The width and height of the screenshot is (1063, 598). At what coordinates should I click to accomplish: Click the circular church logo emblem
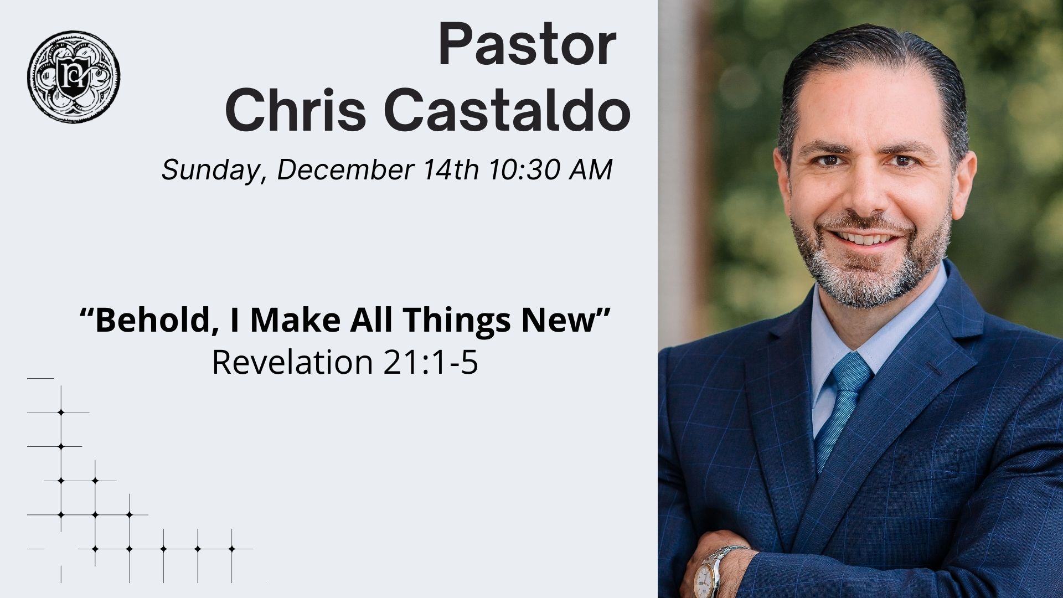pos(74,76)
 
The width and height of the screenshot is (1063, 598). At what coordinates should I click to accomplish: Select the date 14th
pos(451,169)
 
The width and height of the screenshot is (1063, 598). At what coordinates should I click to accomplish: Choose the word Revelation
pos(292,362)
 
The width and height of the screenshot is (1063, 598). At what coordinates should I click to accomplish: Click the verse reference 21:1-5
pos(430,362)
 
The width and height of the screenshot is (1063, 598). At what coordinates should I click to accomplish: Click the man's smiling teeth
pos(866,240)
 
